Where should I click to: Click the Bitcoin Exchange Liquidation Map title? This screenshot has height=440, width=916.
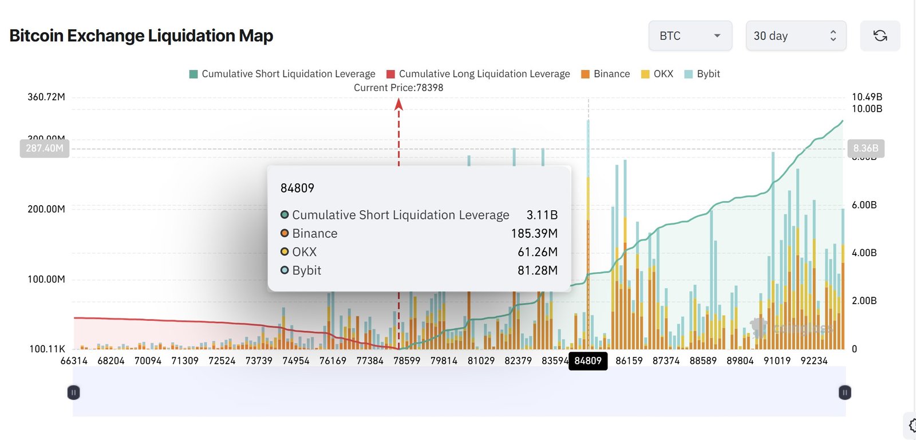tap(141, 36)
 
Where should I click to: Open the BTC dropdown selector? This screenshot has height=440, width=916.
tap(690, 36)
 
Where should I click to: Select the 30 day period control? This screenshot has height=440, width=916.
tap(795, 36)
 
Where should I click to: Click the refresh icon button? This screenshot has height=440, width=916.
tap(880, 36)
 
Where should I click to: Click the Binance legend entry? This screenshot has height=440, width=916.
tap(605, 74)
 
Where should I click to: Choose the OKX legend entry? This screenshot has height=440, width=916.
tap(657, 74)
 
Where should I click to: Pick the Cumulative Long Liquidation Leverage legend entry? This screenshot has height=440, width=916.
tap(478, 74)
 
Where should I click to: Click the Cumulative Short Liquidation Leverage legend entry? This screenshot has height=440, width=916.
tap(282, 74)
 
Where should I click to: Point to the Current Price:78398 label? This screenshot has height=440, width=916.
tap(398, 88)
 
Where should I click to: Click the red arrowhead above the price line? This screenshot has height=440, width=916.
tap(399, 104)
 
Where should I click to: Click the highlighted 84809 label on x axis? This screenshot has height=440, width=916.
tap(588, 361)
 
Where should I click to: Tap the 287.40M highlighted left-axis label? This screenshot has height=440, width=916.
tap(45, 148)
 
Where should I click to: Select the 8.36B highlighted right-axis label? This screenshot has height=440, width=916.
tap(866, 148)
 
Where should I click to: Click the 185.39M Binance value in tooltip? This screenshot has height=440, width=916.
tap(534, 234)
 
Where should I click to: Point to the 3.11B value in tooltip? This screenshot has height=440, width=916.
tap(542, 215)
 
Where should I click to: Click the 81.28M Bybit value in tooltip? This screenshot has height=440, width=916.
tap(537, 270)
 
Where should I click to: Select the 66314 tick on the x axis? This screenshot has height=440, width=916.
tap(74, 361)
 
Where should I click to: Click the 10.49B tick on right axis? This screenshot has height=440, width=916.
tap(867, 97)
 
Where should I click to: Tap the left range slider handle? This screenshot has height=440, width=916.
tap(73, 392)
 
